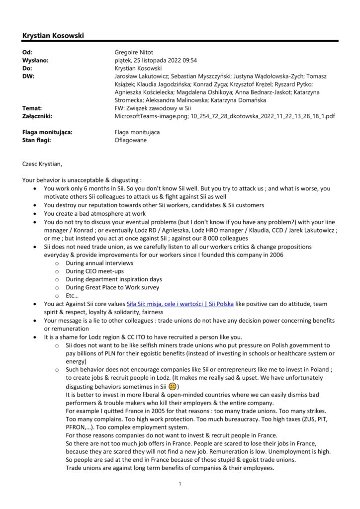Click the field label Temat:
[32, 108]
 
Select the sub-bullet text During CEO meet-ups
[95, 271]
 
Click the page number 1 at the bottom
[180, 483]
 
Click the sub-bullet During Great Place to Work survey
[112, 287]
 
